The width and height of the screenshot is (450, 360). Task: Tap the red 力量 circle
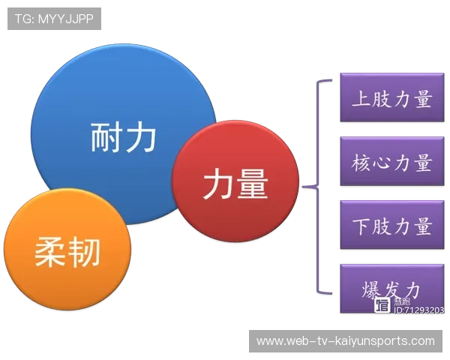click(235, 182)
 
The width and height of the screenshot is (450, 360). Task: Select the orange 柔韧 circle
click(67, 251)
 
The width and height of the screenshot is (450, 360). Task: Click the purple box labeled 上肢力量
click(391, 99)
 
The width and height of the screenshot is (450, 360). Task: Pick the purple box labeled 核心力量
click(391, 162)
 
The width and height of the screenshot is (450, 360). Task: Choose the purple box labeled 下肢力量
click(391, 226)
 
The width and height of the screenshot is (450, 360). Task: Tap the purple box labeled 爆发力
click(391, 289)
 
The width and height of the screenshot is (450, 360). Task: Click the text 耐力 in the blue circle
click(124, 137)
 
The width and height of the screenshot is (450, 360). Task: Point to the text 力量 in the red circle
click(235, 182)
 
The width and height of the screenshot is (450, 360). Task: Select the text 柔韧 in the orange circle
click(67, 252)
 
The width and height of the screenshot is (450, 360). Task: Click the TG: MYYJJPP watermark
click(54, 19)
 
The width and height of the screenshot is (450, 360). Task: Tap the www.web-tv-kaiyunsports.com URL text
click(345, 341)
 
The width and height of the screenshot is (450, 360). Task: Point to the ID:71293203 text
click(418, 310)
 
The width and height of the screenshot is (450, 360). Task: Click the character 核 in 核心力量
click(361, 162)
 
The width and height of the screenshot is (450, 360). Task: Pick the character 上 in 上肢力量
click(361, 99)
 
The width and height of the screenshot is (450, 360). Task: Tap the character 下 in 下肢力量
click(361, 226)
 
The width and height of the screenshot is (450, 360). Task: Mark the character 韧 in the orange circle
click(84, 252)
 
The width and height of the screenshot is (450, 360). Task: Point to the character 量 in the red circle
click(252, 182)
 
